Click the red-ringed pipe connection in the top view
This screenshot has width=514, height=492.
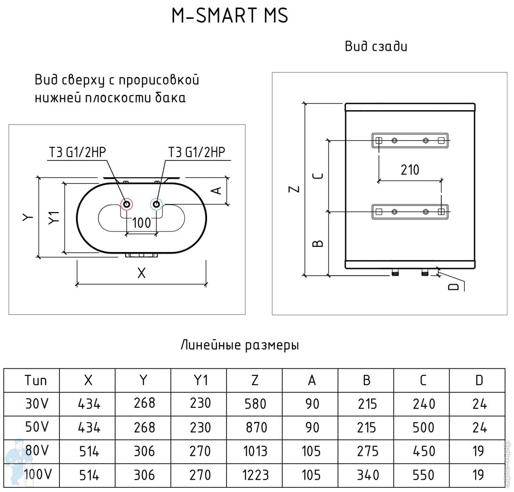127,204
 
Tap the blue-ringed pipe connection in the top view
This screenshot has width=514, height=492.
156,204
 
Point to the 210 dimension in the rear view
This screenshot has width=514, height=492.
410,170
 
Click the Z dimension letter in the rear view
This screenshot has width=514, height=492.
294,189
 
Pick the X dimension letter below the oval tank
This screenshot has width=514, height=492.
141,273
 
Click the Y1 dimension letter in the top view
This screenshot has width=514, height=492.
55,217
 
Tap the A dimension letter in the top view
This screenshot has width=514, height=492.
216,190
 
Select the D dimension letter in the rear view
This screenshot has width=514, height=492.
453,286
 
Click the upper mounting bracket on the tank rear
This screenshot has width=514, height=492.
410,140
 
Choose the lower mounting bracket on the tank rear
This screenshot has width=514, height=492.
410,212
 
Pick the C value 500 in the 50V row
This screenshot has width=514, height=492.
423,428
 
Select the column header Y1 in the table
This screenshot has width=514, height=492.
199,380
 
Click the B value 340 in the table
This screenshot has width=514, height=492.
367,475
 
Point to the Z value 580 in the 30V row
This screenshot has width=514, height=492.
255,404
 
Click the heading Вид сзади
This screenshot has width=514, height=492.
376,47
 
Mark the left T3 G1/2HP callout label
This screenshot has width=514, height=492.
77,152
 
